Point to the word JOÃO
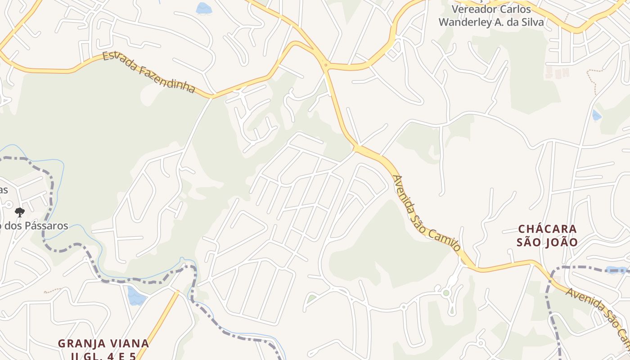click(x=562, y=242)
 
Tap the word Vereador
click(x=472, y=9)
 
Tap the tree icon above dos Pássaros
click(x=19, y=212)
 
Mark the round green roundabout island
click(x=446, y=293)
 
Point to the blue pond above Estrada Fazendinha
click(x=203, y=8)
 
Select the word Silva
click(x=532, y=22)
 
